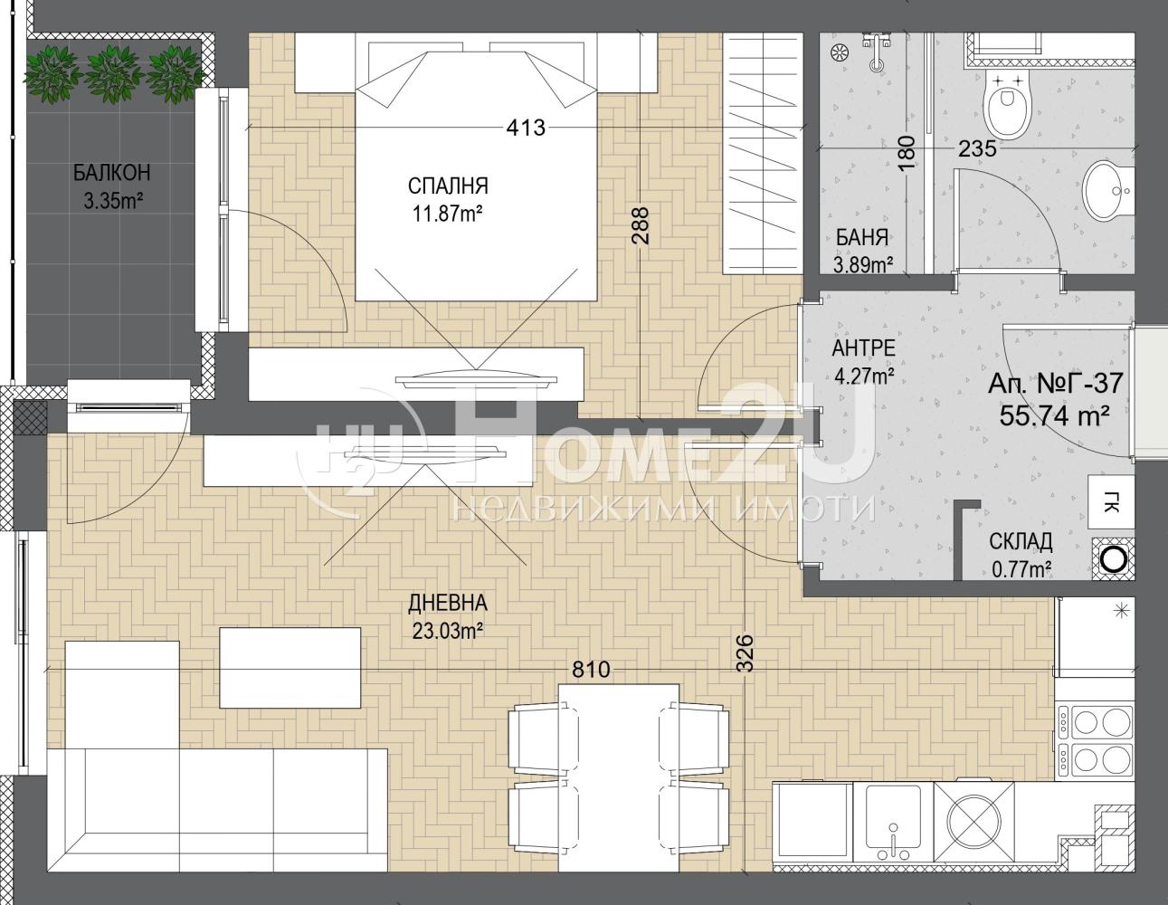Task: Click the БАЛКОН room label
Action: (x=112, y=173)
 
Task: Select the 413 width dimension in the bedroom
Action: (x=526, y=128)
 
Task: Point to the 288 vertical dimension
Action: (x=641, y=226)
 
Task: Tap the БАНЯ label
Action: (x=862, y=237)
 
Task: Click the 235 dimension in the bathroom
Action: (x=978, y=148)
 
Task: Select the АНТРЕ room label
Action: (x=864, y=348)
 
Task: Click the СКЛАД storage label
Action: (x=1021, y=542)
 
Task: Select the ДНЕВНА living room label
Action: (x=448, y=603)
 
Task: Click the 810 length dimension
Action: (x=591, y=670)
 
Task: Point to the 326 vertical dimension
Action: (x=745, y=653)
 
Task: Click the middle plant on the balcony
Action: (x=113, y=73)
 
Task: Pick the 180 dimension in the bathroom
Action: (x=907, y=153)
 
